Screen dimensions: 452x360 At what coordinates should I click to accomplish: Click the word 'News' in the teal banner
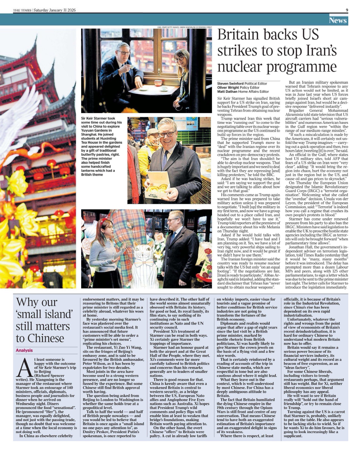(x=338, y=20)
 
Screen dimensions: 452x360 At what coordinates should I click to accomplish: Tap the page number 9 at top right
(x=347, y=10)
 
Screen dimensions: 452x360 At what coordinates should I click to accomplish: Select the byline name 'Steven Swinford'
(x=230, y=83)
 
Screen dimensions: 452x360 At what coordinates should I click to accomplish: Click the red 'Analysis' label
(x=24, y=351)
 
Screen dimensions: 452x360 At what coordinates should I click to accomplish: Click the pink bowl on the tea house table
(x=158, y=83)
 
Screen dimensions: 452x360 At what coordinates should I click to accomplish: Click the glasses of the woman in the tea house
(x=179, y=59)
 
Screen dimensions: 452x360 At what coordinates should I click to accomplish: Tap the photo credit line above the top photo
(x=184, y=27)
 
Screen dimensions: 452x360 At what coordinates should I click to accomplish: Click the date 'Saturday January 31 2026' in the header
(x=55, y=10)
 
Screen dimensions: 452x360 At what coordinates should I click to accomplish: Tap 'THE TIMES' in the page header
(x=22, y=10)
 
